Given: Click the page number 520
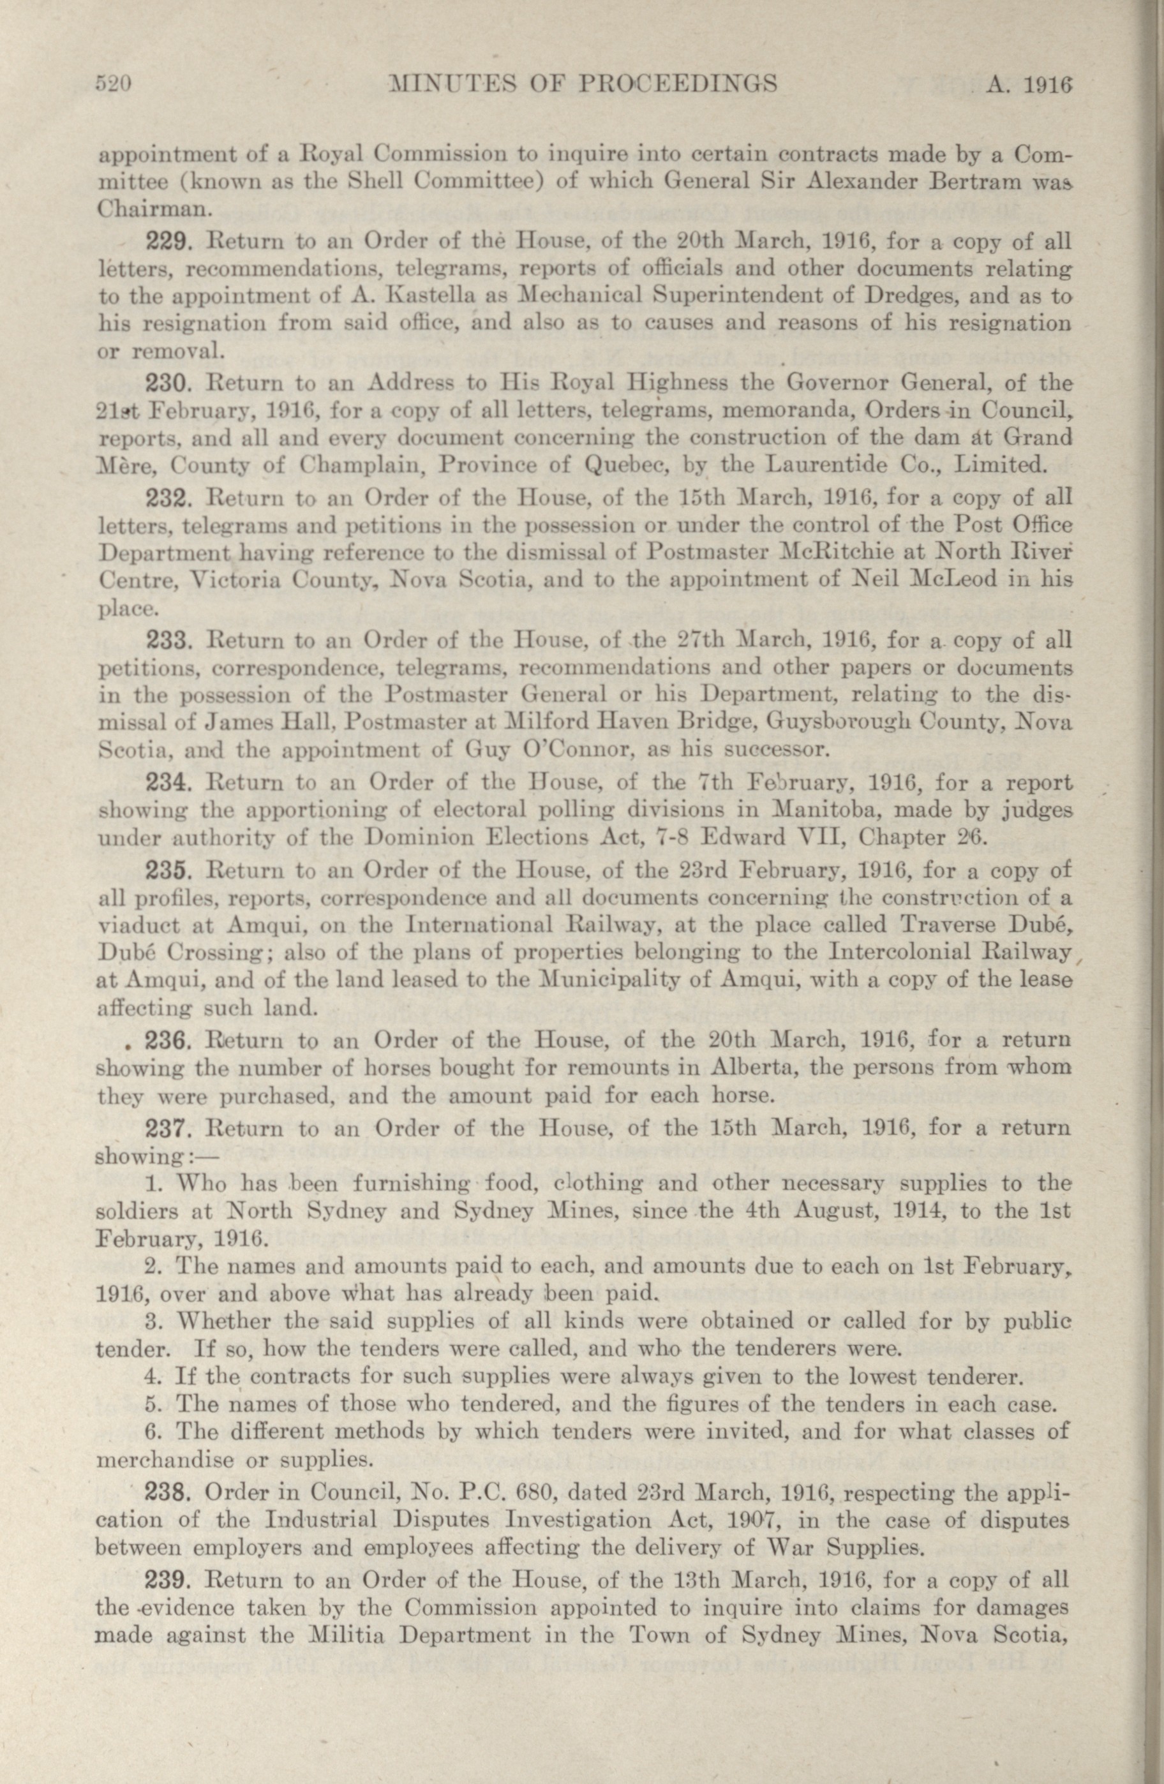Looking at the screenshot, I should point(114,84).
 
